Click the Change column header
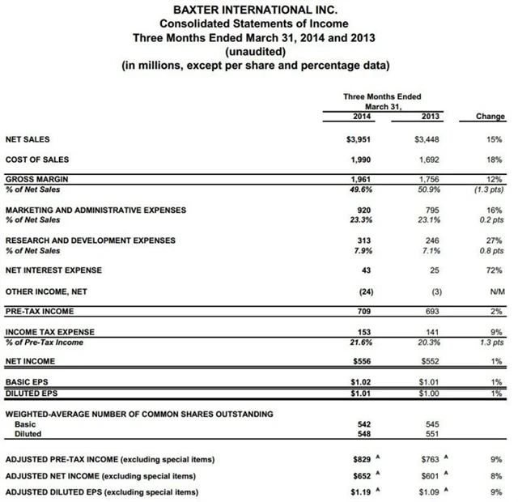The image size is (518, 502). point(490,117)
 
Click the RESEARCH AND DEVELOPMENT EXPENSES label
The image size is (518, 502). point(90,240)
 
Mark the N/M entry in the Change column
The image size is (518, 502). point(495,291)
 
